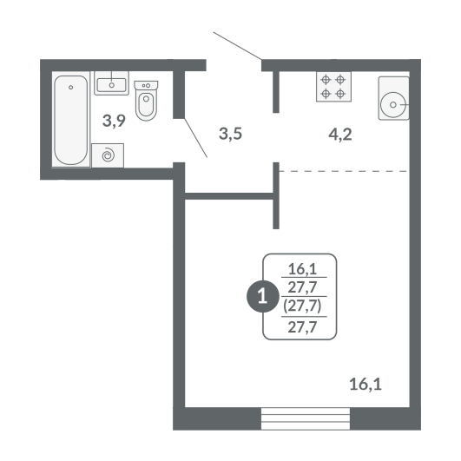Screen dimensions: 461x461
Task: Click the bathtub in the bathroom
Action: pos(71,119)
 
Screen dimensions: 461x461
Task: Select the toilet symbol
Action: pos(146,101)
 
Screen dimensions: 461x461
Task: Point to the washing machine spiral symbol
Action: pos(108,155)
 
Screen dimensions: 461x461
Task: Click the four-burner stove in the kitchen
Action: pos(333,87)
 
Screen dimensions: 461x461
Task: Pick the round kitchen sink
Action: pos(393,104)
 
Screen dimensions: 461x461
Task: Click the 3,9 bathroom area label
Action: pos(114,121)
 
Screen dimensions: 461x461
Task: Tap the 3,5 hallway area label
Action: pos(231,134)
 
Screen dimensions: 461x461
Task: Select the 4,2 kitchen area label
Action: pos(340,135)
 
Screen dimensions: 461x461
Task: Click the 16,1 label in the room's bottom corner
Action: pos(366,385)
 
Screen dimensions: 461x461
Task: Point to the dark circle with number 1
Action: pos(262,296)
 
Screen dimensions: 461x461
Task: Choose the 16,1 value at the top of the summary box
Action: pos(302,269)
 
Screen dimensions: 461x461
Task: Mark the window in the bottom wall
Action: pos(306,418)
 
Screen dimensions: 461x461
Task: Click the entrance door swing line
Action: pos(238,46)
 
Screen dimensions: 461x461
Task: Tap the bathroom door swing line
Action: pos(196,138)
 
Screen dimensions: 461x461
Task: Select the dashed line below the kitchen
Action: pos(343,171)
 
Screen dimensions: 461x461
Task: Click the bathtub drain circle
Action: pos(71,88)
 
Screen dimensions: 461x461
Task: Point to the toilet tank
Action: pos(146,85)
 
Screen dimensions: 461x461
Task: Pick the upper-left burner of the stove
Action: pos(326,79)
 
